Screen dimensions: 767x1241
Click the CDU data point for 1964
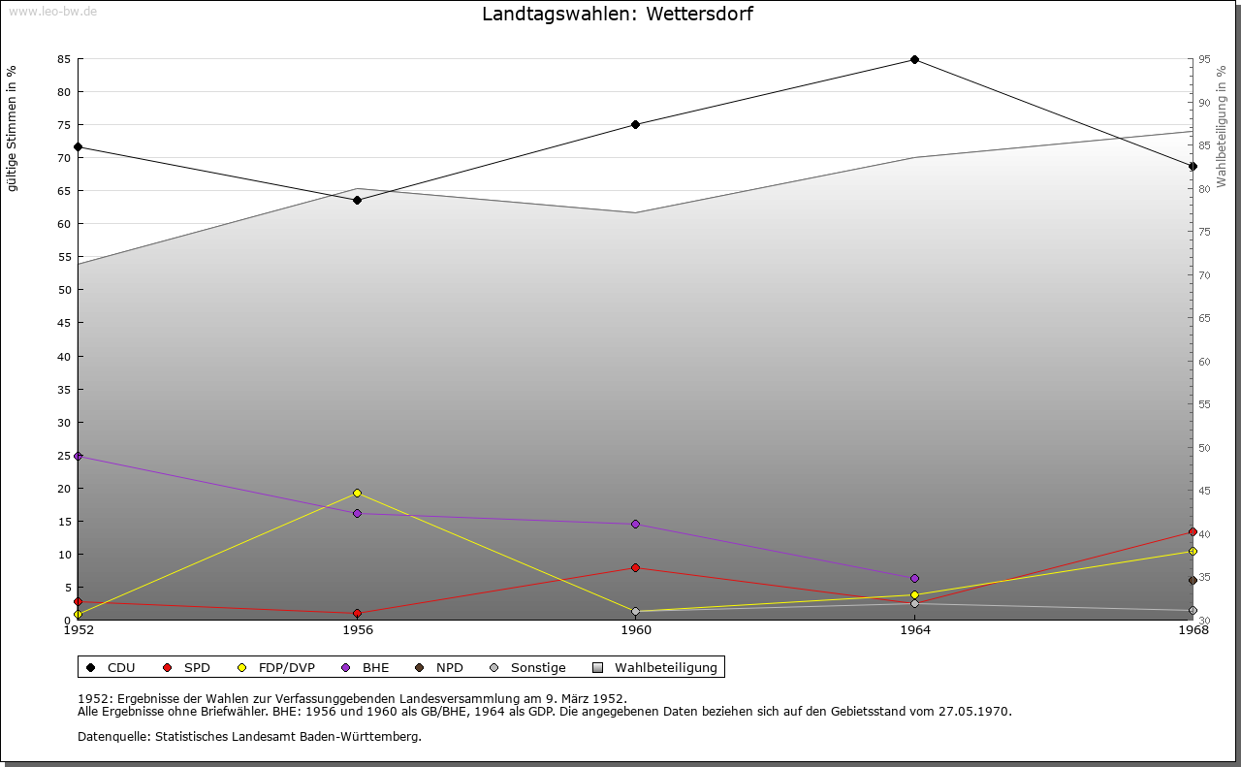click(914, 60)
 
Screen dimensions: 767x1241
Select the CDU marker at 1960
click(636, 124)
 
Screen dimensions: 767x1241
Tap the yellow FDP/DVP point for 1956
click(358, 493)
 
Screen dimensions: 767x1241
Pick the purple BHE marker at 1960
click(636, 524)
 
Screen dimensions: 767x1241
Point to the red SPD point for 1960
click(636, 567)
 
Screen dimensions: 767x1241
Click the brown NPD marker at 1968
click(1193, 581)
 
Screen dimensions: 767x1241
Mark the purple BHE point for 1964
click(914, 578)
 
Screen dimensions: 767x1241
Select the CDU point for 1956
click(358, 200)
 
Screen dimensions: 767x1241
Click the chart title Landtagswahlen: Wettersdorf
click(618, 15)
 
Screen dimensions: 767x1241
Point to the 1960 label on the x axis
click(636, 630)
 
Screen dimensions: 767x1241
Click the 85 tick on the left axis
click(64, 59)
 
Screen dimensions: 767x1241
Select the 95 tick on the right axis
click(1204, 59)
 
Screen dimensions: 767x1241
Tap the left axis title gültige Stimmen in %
click(13, 128)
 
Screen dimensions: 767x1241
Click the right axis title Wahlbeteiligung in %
click(1222, 126)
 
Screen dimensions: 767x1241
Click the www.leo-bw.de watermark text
click(52, 10)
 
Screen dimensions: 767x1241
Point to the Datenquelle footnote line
click(249, 736)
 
